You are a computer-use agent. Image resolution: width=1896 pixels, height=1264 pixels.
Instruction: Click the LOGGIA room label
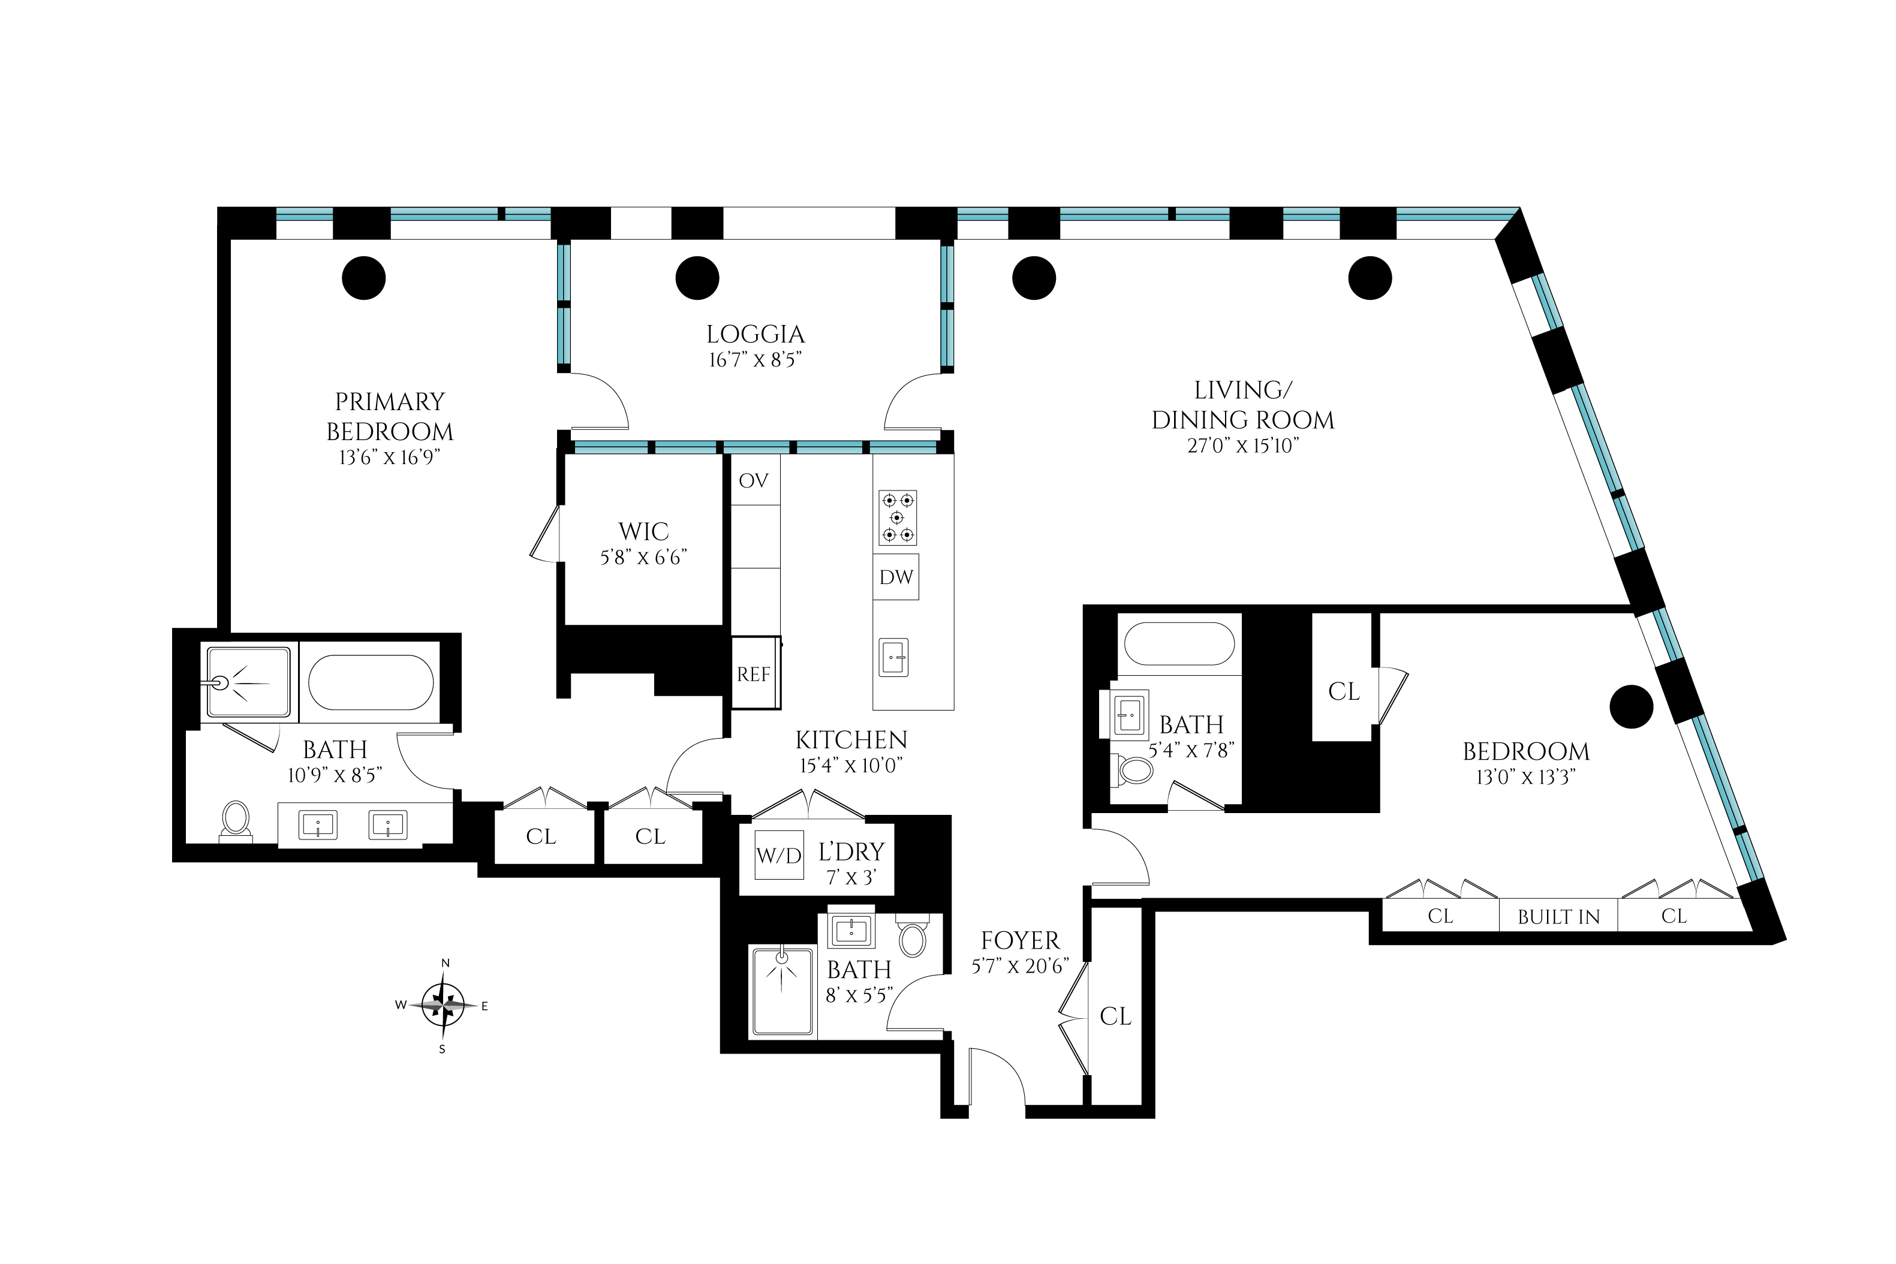click(x=756, y=334)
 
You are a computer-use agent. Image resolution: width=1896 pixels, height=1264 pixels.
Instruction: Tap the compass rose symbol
click(x=443, y=1005)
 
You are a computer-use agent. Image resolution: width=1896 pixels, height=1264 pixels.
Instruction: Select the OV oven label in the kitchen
click(x=754, y=480)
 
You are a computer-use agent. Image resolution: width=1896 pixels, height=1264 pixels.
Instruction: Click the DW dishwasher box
click(x=896, y=576)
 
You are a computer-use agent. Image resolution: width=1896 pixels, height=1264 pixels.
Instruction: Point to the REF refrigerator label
click(x=754, y=674)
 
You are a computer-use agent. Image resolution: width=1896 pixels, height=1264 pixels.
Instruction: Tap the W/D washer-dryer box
click(x=779, y=854)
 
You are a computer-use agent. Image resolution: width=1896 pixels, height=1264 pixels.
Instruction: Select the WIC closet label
click(x=643, y=531)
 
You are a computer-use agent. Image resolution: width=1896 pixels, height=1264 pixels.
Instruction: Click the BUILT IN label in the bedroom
click(x=1558, y=917)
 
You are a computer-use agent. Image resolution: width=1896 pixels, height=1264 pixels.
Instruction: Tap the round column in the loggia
click(x=697, y=278)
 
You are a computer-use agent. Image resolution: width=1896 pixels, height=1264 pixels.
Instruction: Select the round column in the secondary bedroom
click(x=1632, y=706)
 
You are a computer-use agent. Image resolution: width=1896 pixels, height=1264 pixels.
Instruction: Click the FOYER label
click(x=1020, y=940)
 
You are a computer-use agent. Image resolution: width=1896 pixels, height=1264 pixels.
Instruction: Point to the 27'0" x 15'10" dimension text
click(x=1243, y=446)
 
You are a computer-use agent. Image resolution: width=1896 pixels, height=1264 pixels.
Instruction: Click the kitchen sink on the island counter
click(x=893, y=657)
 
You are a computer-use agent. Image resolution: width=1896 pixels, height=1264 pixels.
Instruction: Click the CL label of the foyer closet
click(x=1116, y=1016)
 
